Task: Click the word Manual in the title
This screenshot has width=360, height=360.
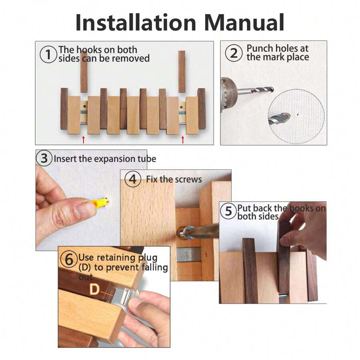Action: pos(243,22)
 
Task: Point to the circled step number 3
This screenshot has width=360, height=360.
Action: pos(44,158)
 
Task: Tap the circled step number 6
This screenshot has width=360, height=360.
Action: pos(69,260)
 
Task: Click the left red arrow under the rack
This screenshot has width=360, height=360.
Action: pos(83,139)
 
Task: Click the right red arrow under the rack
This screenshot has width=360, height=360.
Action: pos(183,139)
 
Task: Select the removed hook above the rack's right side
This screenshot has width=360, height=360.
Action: pos(182,72)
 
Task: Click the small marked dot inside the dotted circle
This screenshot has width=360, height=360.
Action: pos(298,113)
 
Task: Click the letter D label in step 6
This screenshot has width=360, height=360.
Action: pos(94,289)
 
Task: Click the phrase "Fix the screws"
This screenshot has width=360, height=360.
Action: pos(174,179)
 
